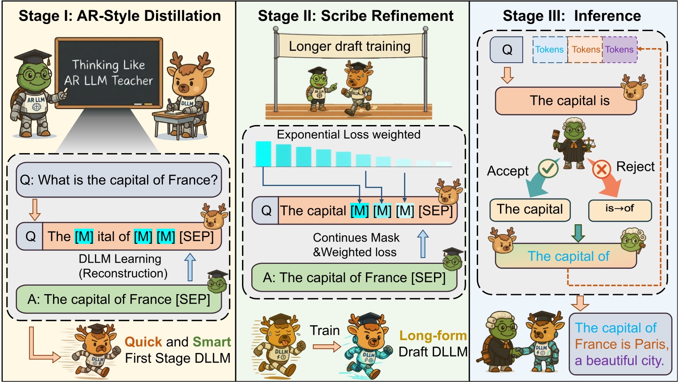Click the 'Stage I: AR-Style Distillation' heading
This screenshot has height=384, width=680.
(119, 16)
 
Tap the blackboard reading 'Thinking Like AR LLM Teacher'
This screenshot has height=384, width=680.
(109, 72)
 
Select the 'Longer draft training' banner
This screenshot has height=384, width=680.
(350, 46)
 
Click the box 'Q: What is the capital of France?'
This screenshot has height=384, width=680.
(119, 180)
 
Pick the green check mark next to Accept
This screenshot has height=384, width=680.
(548, 168)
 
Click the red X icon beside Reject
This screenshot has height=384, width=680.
(602, 169)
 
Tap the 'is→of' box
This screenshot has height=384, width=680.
(619, 210)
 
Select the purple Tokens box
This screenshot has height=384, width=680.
(619, 49)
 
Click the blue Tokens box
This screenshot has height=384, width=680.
(549, 49)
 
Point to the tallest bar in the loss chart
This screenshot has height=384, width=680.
(263, 154)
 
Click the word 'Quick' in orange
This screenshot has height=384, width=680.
(143, 342)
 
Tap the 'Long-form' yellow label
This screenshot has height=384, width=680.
(433, 335)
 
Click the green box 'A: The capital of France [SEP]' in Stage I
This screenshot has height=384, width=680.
(119, 299)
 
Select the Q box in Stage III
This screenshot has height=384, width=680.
(507, 49)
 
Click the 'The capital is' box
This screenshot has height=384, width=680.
(566, 101)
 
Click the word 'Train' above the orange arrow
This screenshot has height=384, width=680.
(325, 331)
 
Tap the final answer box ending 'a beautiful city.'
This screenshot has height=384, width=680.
(620, 344)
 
